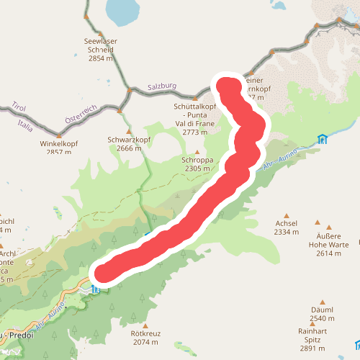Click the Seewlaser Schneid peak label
pyautogui.click(x=100, y=50)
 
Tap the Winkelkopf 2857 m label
pyautogui.click(x=59, y=148)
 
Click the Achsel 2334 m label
pyautogui.click(x=287, y=228)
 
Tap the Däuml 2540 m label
pyautogui.click(x=322, y=314)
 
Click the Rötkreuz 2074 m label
pyautogui.click(x=145, y=338)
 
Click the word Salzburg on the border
pyautogui.click(x=162, y=86)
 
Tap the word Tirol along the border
pyautogui.click(x=19, y=107)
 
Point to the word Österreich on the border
pyautogui.click(x=80, y=117)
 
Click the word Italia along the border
pyautogui.click(x=26, y=126)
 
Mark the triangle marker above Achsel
pyautogui.click(x=287, y=214)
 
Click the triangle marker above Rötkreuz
pyautogui.click(x=145, y=325)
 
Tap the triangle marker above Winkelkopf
pyautogui.click(x=59, y=134)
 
